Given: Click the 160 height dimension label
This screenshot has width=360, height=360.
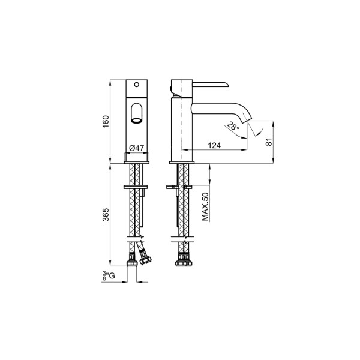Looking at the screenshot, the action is tap(106, 122).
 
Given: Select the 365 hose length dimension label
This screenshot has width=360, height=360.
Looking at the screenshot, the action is tap(106, 214).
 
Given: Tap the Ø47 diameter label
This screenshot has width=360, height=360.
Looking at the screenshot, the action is tap(137, 148).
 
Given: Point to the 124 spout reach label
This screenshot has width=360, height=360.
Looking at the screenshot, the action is tap(214, 145).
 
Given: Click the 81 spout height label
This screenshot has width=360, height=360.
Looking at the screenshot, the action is tap(269, 142).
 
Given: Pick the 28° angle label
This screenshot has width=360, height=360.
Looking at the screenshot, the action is tap(233, 126).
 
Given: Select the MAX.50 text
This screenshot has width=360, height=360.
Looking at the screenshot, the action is tap(205, 206).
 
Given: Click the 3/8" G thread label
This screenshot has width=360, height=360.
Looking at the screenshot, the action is tap(109, 275).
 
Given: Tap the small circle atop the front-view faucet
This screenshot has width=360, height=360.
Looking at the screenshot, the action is tap(137, 85).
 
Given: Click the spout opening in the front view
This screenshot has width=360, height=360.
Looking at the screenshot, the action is tap(136, 120).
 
